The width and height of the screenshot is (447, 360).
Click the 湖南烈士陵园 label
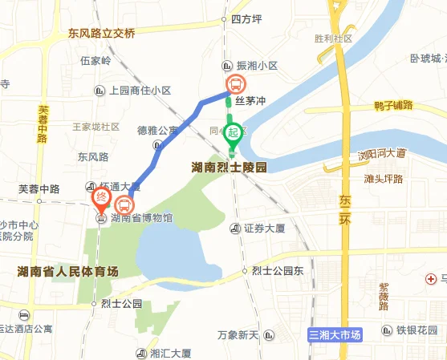[x=229, y=168]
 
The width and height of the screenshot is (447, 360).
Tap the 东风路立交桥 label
[x=102, y=34]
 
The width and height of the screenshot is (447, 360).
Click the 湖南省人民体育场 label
[x=67, y=272]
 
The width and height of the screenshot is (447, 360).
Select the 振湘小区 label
[x=256, y=67]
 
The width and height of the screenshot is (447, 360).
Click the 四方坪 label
[x=246, y=18]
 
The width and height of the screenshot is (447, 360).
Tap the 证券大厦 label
[x=265, y=229]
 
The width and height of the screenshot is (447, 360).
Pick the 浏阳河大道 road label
[x=382, y=153]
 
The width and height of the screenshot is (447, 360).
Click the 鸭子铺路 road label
[x=382, y=105]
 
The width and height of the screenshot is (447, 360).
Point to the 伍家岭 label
[x=95, y=61]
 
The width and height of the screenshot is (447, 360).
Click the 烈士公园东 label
[x=277, y=270]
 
